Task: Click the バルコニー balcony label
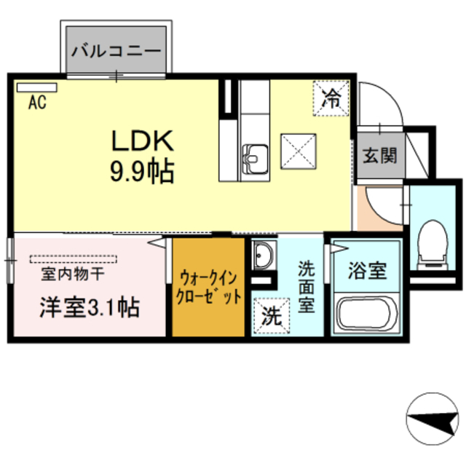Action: click(116, 52)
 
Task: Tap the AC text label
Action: click(37, 103)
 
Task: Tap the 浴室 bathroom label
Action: click(367, 272)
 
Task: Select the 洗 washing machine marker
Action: click(271, 316)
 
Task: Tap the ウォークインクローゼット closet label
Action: click(209, 288)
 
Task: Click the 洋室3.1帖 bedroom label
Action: click(89, 307)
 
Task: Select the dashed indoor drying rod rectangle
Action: click(73, 258)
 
